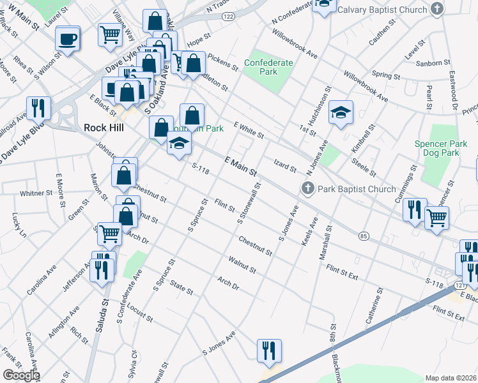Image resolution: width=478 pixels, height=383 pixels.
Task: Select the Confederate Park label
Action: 268,68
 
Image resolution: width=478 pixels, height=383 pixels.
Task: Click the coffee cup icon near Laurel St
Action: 67,40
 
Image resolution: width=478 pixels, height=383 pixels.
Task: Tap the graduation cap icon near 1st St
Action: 341,114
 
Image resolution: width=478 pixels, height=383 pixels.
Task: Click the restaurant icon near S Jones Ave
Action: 269,350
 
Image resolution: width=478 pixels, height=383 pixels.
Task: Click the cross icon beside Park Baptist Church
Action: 307,188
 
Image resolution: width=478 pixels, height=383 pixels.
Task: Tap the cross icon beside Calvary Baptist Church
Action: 436,10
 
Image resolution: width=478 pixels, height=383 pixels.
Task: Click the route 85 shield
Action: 364,236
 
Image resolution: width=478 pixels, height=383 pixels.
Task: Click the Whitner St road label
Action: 36,193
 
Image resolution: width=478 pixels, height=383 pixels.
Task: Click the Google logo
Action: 21,375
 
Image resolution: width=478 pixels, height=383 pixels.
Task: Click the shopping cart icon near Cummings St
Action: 437,217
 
